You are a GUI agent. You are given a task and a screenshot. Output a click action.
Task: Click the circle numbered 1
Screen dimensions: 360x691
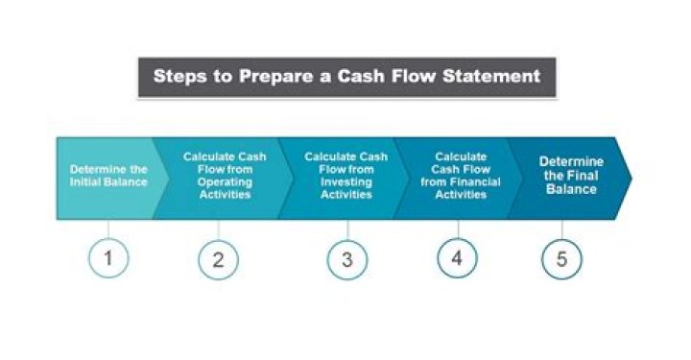click(x=108, y=258)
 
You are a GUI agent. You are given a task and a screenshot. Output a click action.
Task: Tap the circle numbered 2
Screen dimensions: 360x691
click(x=218, y=259)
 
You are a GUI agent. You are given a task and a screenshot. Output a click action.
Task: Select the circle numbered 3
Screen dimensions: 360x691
click(x=347, y=259)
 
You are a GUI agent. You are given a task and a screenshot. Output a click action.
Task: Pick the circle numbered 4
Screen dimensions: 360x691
click(x=458, y=258)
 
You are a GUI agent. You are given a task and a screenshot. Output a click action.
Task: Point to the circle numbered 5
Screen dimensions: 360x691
click(x=561, y=258)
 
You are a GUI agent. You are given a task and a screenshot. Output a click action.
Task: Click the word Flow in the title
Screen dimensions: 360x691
click(x=408, y=75)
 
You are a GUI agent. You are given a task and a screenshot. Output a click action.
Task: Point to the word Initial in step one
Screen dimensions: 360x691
click(x=88, y=180)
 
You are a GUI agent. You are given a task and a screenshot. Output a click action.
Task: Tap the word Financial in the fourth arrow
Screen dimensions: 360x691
click(x=478, y=180)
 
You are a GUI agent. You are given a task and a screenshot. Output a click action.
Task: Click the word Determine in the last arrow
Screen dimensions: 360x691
click(x=571, y=161)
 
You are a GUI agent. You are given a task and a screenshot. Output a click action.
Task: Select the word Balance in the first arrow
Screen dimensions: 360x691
click(x=129, y=180)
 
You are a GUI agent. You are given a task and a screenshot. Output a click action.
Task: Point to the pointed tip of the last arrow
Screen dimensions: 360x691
click(x=631, y=178)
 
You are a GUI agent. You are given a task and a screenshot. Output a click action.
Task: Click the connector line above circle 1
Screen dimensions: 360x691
click(x=108, y=229)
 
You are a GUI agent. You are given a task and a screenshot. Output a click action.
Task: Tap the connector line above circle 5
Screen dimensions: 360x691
click(x=561, y=229)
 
